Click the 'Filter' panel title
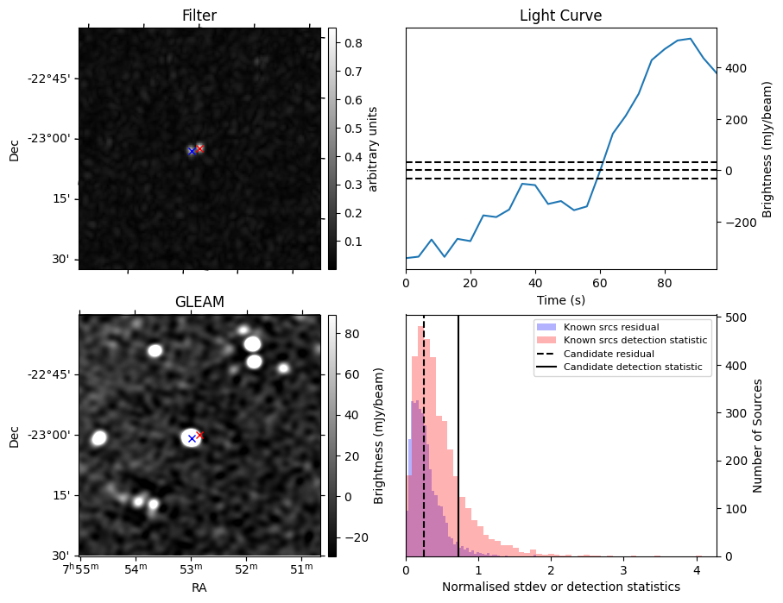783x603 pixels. pos(199,16)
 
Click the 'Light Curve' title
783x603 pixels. pos(560,16)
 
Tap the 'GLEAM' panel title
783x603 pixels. pos(199,302)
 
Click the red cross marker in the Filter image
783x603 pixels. pos(199,148)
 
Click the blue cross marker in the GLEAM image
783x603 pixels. pos(192,439)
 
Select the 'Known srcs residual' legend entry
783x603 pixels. pos(611,328)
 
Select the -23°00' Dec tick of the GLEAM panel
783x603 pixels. pos(54,435)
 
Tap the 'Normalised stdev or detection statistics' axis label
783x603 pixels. pos(560,587)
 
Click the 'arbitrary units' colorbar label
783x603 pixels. pos(373,148)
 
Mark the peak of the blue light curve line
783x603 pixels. pos(690,39)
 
